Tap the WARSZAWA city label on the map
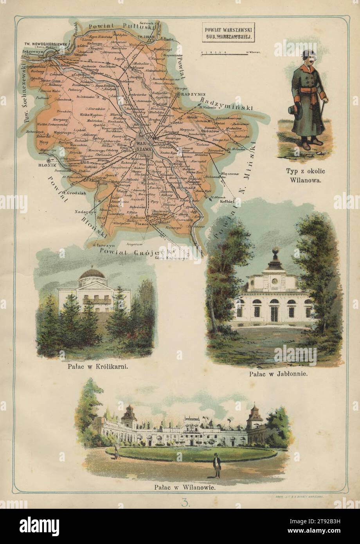click(x=142, y=148)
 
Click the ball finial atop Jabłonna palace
click(x=275, y=250)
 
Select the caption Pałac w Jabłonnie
click(x=278, y=373)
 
